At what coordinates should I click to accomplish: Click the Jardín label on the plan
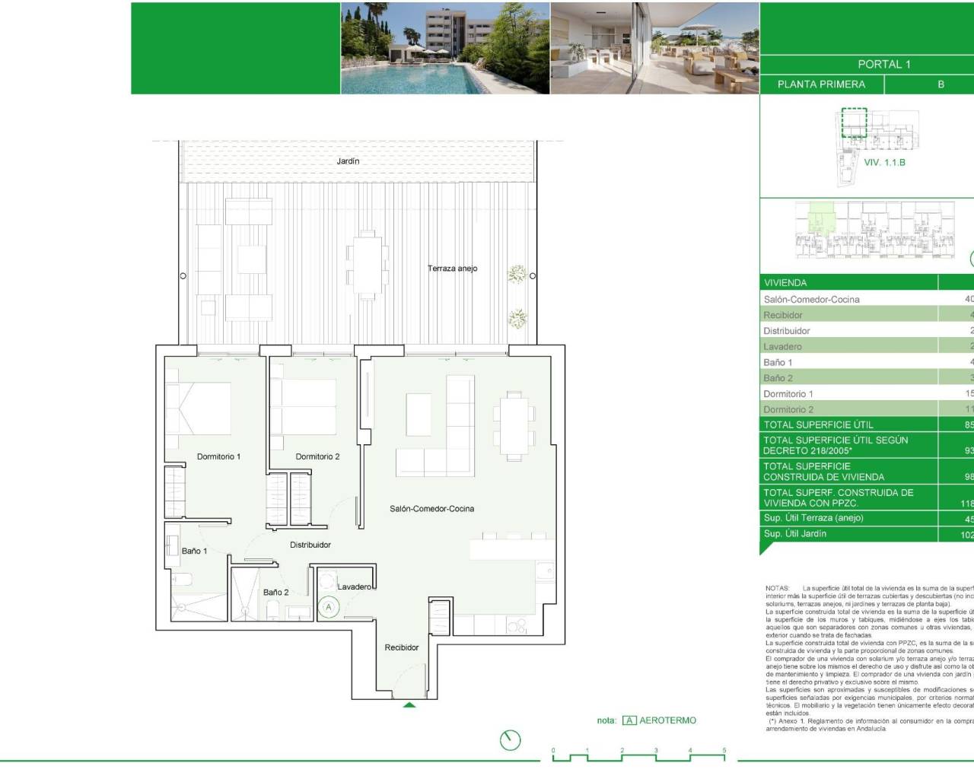(x=348, y=161)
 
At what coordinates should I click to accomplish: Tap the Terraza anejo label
(x=452, y=269)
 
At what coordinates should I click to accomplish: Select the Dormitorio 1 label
(x=218, y=456)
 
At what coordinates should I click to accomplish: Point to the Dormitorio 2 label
(x=317, y=456)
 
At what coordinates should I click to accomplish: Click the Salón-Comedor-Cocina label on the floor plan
(x=431, y=509)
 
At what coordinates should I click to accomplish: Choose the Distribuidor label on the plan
(x=310, y=545)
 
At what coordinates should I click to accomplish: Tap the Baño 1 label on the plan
(x=194, y=551)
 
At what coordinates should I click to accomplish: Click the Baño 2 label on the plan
(x=275, y=592)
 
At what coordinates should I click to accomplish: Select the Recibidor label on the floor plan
(x=402, y=647)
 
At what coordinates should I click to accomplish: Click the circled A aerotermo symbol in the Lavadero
(x=329, y=607)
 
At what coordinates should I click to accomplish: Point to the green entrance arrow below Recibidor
(x=409, y=705)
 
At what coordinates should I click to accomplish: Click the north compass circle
(x=511, y=739)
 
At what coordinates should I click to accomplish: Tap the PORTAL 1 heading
(x=883, y=65)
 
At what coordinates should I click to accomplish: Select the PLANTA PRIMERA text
(x=821, y=84)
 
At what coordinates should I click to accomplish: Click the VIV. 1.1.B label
(x=884, y=163)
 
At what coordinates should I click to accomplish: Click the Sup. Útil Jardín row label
(x=795, y=534)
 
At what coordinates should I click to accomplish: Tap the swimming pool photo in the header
(x=445, y=48)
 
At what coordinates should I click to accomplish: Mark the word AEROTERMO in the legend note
(x=667, y=720)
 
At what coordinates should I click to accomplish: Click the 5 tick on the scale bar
(x=724, y=751)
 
